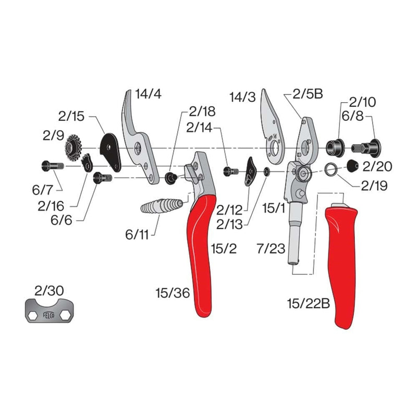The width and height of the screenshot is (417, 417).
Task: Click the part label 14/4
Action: click(149, 94)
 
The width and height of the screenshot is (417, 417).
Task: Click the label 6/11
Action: click(137, 235)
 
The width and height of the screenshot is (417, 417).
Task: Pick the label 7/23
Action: click(271, 249)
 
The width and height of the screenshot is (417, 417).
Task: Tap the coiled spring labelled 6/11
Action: click(162, 206)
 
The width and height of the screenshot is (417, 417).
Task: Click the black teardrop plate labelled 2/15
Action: click(110, 151)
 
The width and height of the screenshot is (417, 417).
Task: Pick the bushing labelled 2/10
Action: click(334, 146)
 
